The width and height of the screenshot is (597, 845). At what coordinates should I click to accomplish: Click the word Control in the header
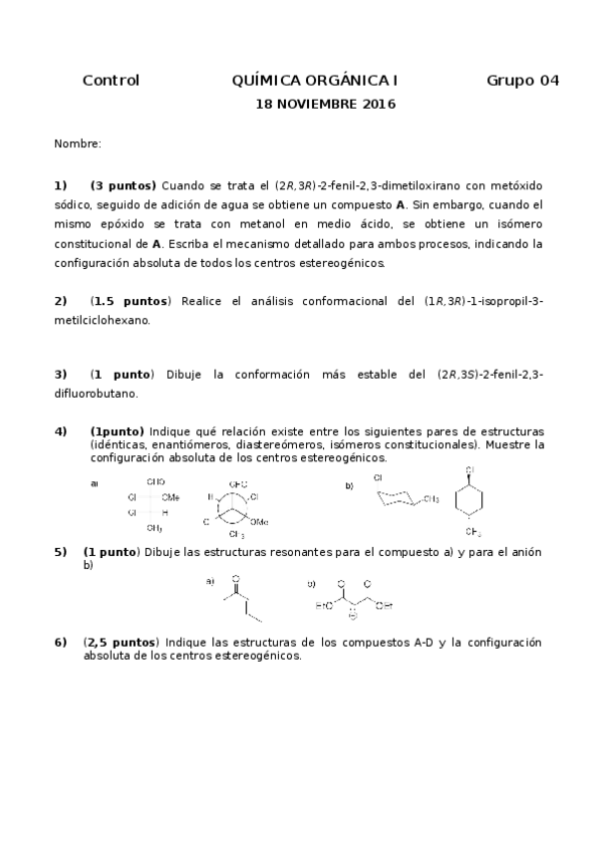[x=111, y=81]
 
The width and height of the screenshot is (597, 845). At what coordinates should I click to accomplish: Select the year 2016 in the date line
[x=378, y=104]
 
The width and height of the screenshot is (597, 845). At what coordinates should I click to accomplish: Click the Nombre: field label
[x=78, y=145]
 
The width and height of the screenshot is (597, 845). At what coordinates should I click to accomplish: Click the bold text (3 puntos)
[x=123, y=185]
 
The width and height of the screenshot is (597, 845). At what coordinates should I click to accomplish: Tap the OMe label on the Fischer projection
[x=170, y=496]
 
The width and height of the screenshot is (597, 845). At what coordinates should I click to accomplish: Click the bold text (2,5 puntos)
[x=121, y=643]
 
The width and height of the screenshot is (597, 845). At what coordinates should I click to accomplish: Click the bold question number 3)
[x=61, y=375]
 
